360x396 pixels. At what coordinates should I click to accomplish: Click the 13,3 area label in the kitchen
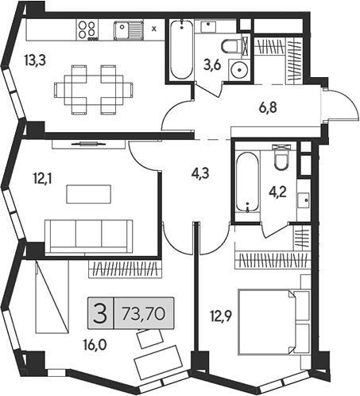[35, 60]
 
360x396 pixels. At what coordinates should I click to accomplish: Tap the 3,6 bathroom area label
[212, 65]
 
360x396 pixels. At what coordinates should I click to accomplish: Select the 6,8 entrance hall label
[268, 107]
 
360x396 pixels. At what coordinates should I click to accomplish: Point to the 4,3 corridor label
[200, 173]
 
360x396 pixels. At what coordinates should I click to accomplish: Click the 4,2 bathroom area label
[278, 192]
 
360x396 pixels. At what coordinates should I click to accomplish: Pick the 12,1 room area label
[42, 179]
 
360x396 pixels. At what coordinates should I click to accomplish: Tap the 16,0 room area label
[95, 345]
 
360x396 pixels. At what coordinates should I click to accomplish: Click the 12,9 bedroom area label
[221, 316]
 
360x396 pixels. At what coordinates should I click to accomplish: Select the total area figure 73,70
[144, 314]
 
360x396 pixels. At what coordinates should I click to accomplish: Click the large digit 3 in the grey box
[100, 314]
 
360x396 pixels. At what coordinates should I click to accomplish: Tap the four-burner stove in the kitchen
[87, 29]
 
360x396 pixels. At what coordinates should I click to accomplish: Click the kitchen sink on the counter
[129, 31]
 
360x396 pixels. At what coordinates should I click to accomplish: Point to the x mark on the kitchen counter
[154, 29]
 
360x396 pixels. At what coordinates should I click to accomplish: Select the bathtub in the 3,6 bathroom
[181, 50]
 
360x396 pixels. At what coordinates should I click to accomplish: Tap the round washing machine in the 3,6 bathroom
[239, 70]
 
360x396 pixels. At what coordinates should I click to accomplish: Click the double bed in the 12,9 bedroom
[274, 322]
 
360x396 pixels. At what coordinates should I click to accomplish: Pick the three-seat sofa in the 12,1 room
[89, 236]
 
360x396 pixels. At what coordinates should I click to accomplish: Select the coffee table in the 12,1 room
[89, 194]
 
